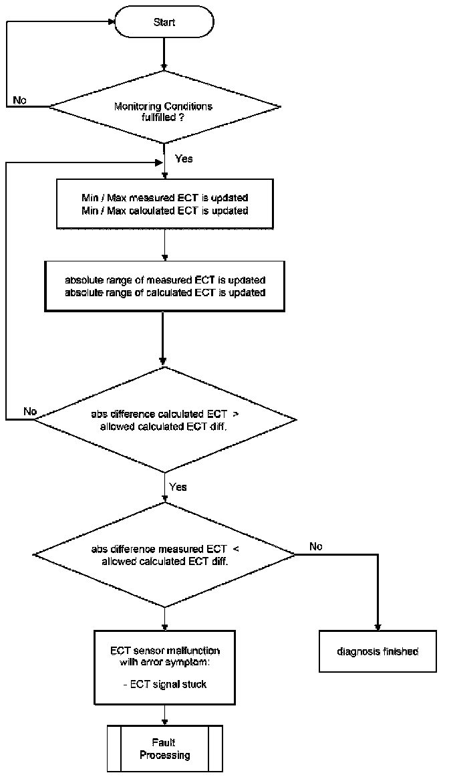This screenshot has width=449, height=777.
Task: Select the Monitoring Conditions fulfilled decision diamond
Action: [164, 106]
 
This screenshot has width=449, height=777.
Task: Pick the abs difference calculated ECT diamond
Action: [164, 419]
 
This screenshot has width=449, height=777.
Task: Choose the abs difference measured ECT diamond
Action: [164, 554]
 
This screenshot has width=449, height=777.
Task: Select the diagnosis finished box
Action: [378, 651]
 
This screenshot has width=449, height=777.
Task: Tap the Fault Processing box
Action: [164, 749]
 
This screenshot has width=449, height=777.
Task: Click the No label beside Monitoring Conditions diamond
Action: [21, 100]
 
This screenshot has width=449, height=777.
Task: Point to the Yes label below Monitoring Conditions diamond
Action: [184, 159]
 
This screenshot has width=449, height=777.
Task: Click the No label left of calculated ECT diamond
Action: [31, 410]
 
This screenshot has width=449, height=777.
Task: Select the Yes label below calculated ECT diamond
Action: [178, 487]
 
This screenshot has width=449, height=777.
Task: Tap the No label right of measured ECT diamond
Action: [316, 546]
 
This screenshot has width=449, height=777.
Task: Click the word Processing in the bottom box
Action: [164, 756]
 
